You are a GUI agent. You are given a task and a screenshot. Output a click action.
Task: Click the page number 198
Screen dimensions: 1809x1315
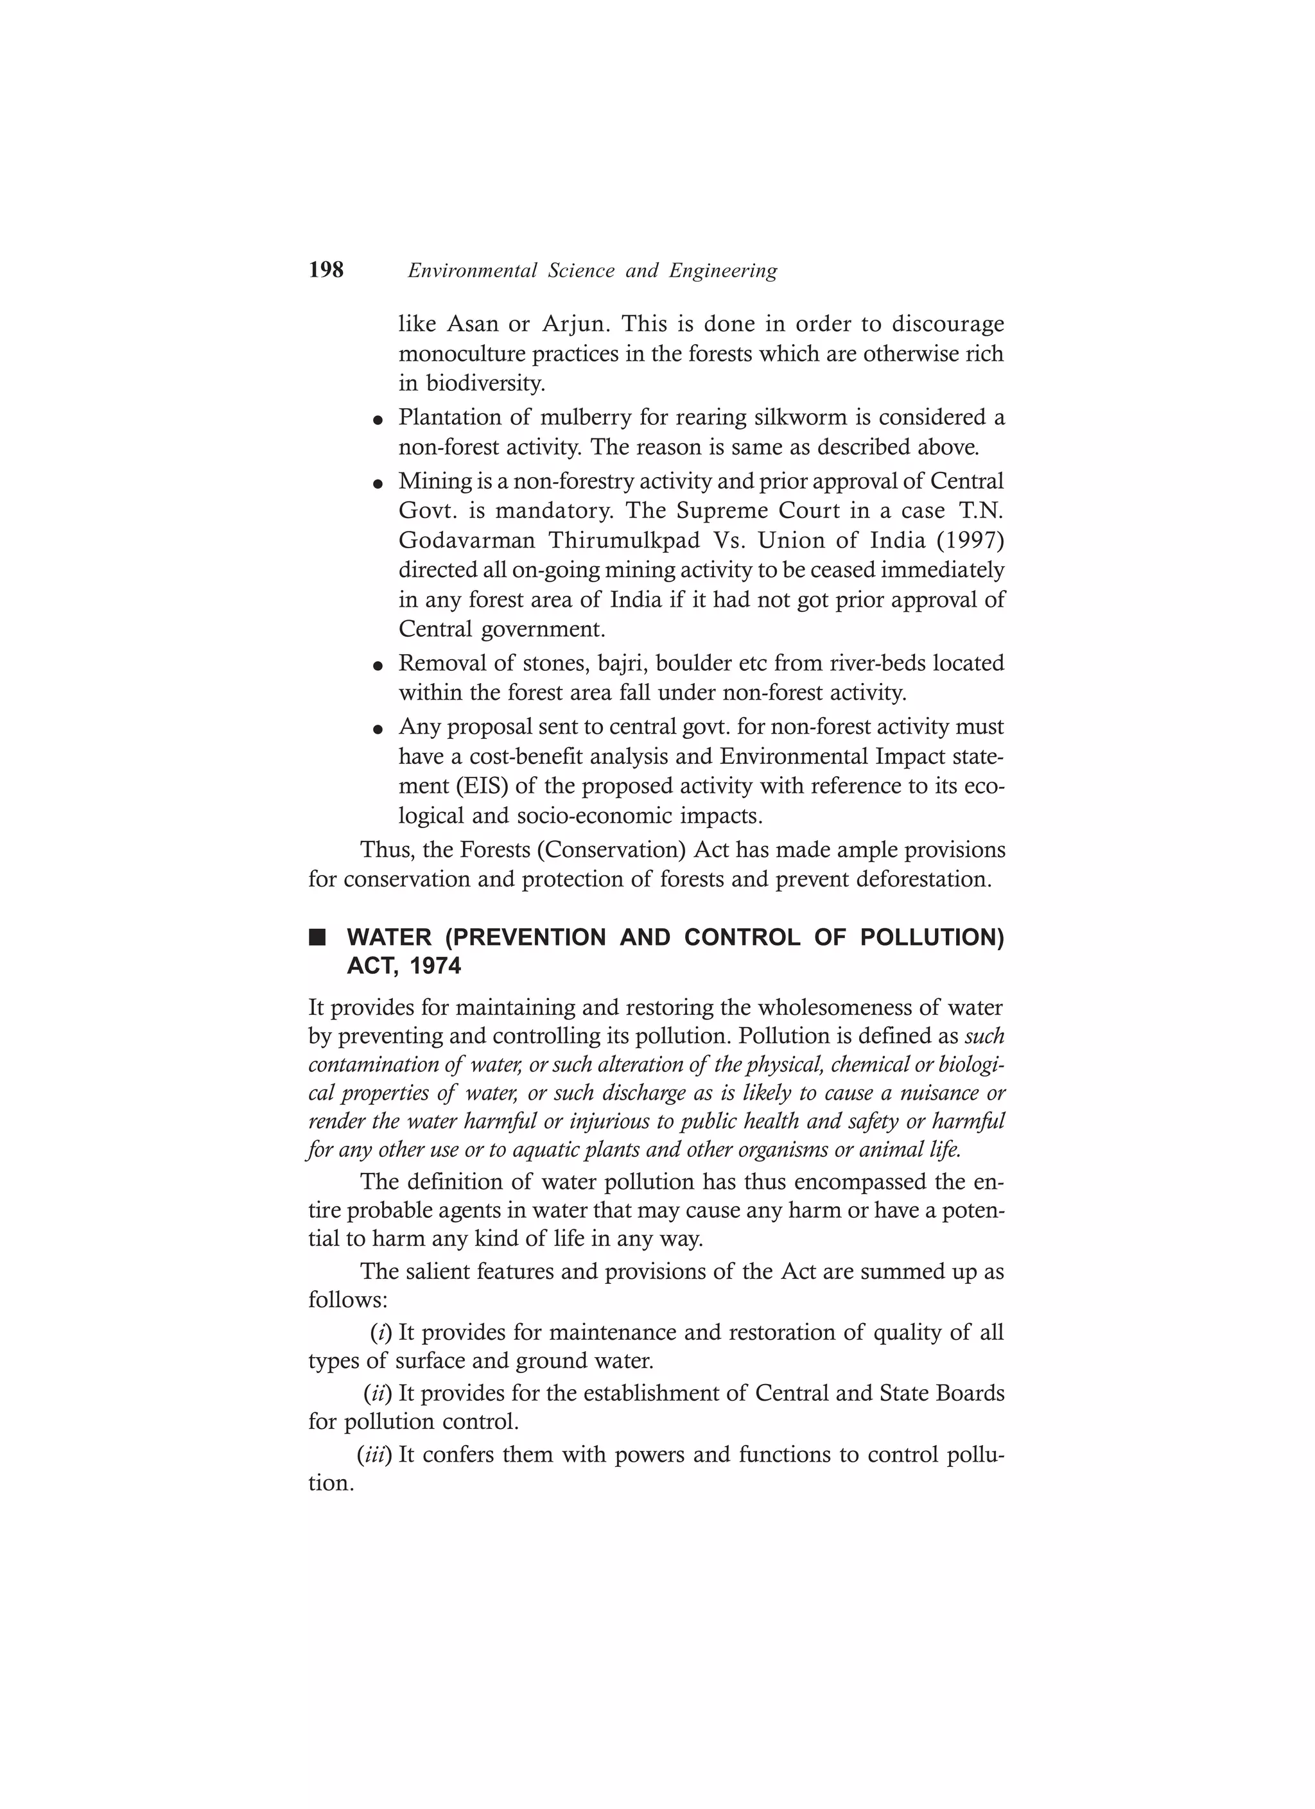point(326,270)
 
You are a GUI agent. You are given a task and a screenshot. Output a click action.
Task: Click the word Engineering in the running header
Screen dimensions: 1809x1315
point(723,271)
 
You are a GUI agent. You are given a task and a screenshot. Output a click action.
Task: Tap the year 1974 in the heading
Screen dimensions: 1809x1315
point(435,967)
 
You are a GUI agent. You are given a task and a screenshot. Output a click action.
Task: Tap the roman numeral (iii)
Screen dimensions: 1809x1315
point(374,1455)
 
